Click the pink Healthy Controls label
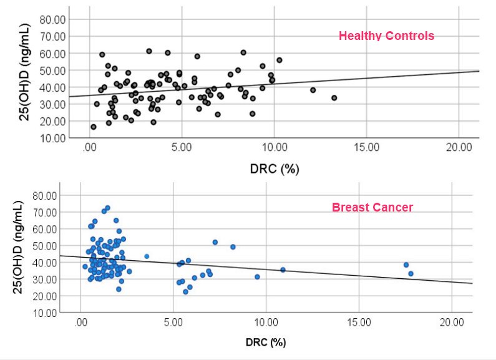click(x=386, y=36)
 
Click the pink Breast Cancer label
click(x=372, y=207)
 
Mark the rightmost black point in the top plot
click(x=334, y=98)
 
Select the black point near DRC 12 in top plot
click(x=313, y=90)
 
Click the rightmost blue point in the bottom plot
click(x=411, y=273)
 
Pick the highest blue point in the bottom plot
click(x=107, y=208)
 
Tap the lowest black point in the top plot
click(x=94, y=127)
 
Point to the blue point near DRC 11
click(x=283, y=270)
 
